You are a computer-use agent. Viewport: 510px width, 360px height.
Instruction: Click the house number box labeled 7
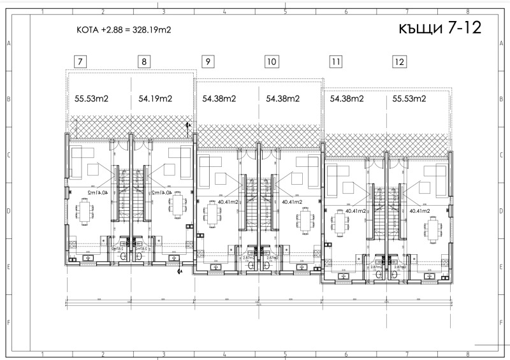tap(80, 62)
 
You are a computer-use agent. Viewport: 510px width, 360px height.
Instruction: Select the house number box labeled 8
tap(144, 62)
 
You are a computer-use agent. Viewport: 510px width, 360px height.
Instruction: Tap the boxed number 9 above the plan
tap(208, 62)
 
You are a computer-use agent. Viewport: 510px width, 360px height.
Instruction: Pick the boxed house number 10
tap(272, 62)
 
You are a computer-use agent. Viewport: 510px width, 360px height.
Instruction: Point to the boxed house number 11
tap(335, 62)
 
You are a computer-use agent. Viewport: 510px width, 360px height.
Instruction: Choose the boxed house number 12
tap(399, 62)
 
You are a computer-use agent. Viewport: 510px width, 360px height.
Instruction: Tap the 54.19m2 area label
tap(156, 99)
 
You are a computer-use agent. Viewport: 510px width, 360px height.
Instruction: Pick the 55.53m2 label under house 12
tap(409, 99)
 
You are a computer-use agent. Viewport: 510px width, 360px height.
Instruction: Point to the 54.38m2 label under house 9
tap(219, 99)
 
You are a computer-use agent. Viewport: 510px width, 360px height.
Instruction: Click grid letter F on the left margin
tap(8, 322)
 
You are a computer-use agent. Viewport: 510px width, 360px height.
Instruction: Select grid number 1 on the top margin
tap(42, 11)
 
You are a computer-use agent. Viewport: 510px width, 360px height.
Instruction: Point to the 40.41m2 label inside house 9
tap(228, 202)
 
